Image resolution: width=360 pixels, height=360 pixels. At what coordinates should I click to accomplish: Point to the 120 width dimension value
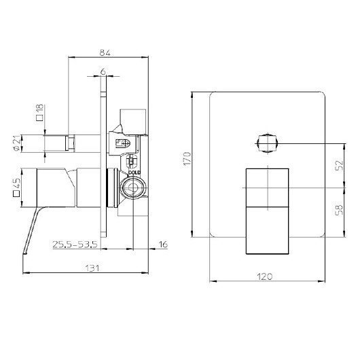tap(266, 276)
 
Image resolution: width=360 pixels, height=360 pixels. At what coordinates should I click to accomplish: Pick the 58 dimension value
tap(337, 209)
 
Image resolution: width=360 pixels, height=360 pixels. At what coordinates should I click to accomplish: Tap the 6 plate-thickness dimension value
tap(103, 71)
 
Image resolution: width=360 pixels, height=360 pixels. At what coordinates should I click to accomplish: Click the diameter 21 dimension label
tap(39, 144)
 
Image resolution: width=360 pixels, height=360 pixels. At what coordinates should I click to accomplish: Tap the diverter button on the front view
tap(267, 143)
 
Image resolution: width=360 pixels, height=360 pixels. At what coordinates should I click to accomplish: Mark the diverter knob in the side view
tap(65, 143)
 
